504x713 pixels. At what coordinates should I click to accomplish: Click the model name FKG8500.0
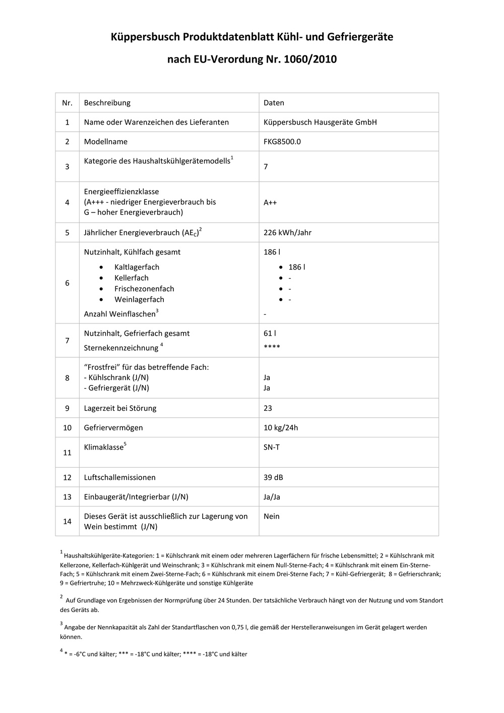coord(282,142)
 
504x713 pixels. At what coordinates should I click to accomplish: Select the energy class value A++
coord(270,202)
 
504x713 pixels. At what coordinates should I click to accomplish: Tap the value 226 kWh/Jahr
coord(287,233)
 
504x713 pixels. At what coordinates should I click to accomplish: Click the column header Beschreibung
coord(107,103)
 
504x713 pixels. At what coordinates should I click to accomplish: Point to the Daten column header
coord(274,103)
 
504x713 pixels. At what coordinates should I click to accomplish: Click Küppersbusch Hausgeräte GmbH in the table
coord(320,122)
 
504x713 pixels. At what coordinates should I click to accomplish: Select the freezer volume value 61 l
coord(270,334)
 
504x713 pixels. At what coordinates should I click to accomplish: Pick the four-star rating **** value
coord(272,347)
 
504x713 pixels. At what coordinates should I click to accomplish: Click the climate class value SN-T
coord(272,447)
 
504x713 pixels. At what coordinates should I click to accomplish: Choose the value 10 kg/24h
coord(281,428)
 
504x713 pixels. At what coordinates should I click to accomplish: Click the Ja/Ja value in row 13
coord(272,497)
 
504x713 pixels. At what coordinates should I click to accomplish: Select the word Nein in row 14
coord(272,517)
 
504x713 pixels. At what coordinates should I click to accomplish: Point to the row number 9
coord(67,408)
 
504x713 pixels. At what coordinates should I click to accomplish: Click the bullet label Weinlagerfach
coord(139,300)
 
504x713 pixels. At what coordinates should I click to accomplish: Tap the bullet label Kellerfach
coord(131,278)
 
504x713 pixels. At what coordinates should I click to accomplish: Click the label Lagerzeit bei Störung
coord(120,408)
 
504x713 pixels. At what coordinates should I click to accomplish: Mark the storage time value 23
coord(268,408)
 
